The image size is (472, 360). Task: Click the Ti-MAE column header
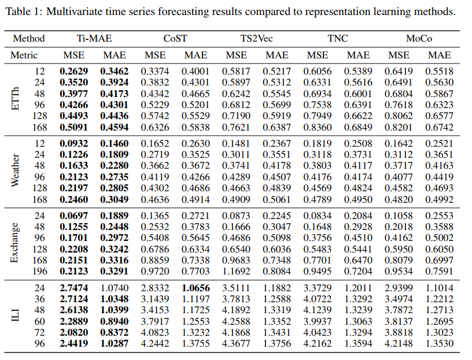[94, 39]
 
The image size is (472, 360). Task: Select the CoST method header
[175, 39]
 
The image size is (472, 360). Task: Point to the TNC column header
[337, 39]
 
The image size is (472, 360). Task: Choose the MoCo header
[418, 39]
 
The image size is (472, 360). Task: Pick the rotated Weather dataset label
[16, 170]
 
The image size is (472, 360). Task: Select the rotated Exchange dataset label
[16, 243]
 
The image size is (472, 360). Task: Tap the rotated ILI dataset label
[16, 316]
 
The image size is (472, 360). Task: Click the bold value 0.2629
[73, 72]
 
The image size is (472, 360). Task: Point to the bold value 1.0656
[196, 287]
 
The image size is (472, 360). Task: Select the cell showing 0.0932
[73, 143]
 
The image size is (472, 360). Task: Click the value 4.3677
[236, 343]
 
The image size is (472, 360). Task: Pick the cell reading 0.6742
[439, 127]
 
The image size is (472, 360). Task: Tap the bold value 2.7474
[73, 287]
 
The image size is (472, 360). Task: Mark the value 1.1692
[236, 271]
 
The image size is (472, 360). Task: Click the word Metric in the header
[24, 55]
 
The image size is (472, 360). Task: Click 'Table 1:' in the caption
[25, 12]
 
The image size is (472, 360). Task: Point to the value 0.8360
[318, 127]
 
